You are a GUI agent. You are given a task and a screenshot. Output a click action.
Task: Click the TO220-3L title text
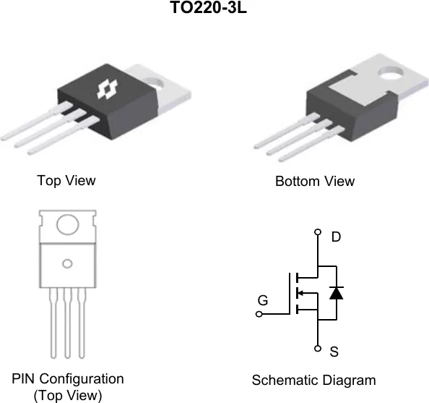(x=209, y=7)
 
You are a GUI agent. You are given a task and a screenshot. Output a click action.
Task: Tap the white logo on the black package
(x=107, y=90)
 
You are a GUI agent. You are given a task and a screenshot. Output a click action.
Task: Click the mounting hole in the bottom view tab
(x=391, y=72)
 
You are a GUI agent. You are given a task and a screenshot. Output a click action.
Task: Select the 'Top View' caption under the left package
(x=66, y=180)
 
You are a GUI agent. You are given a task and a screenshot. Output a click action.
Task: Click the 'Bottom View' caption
(x=315, y=181)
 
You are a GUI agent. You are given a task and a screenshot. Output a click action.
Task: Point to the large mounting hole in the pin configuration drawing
(x=68, y=224)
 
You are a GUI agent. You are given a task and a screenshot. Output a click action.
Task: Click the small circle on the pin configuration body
(x=67, y=264)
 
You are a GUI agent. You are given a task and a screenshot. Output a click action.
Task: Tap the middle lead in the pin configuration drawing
(x=68, y=323)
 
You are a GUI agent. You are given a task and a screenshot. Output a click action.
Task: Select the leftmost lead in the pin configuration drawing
(x=53, y=323)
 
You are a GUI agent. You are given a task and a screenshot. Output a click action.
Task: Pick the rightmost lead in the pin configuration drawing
(x=82, y=323)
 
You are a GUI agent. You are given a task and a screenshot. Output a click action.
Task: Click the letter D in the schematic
(x=336, y=237)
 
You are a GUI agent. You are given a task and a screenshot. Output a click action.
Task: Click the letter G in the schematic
(x=263, y=300)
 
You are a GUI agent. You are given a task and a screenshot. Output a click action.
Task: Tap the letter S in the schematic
(x=334, y=352)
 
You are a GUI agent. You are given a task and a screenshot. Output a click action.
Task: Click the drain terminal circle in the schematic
(x=318, y=232)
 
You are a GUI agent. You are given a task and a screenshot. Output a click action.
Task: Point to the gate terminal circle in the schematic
(x=259, y=314)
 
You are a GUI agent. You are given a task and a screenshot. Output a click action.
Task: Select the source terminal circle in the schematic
(x=318, y=349)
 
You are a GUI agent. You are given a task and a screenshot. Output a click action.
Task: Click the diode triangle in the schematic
(x=337, y=293)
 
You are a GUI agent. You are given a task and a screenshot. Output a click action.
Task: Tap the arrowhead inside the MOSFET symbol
(x=300, y=293)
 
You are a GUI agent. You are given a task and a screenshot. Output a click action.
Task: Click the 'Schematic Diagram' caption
(x=314, y=381)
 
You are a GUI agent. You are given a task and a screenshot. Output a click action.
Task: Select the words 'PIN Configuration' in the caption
(x=68, y=379)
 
